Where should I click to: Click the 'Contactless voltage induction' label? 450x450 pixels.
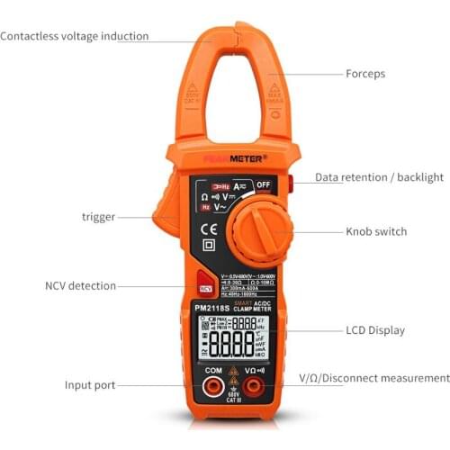pos(75,37)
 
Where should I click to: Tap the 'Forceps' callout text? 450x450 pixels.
pos(365,74)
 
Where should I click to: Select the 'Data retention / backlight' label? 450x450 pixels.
pos(379,177)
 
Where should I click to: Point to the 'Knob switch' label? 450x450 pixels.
pos(376,231)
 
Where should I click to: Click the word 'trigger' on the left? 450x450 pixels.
pos(98,217)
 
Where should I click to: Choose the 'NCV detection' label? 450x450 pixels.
pos(81,286)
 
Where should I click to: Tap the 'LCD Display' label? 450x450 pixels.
pos(375,330)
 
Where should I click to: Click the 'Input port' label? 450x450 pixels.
pos(90,385)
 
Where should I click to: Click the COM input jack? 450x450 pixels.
pos(213,388)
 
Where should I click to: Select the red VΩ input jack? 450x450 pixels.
pos(254,388)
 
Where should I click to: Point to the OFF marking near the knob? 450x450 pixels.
pos(262,185)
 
